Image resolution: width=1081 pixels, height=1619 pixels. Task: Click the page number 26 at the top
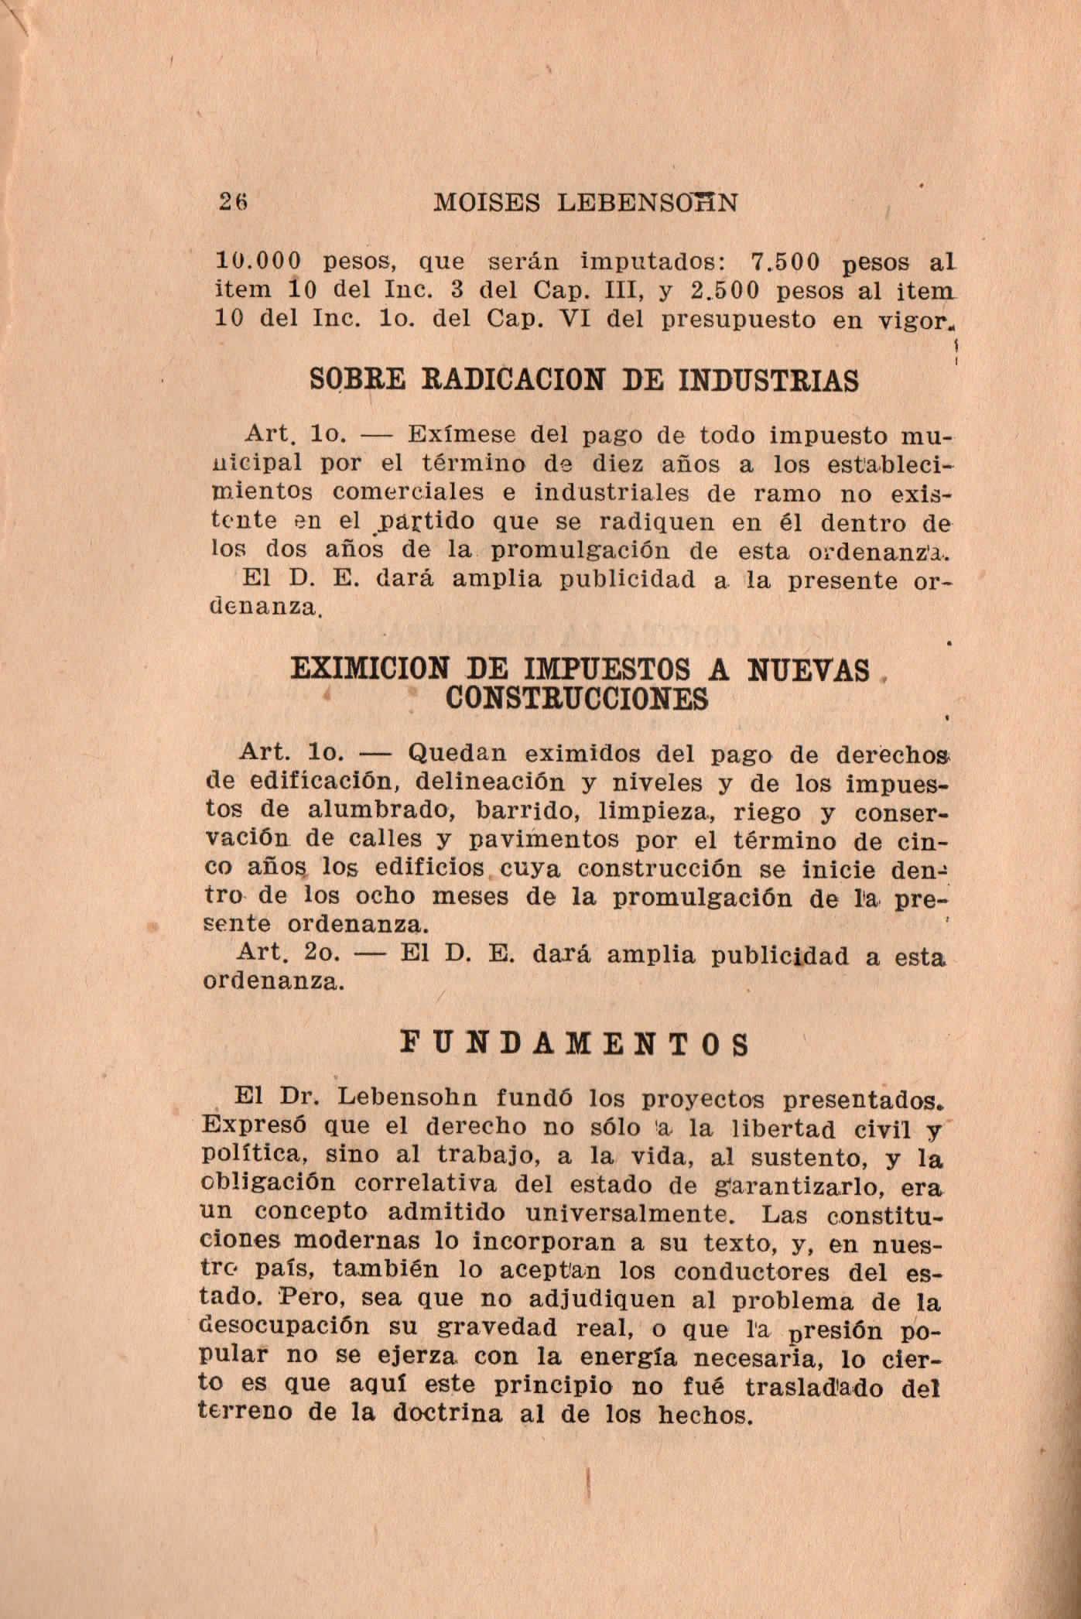tap(231, 202)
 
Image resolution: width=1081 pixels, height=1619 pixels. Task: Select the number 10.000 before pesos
tap(258, 262)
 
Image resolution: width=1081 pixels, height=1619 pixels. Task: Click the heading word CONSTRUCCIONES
tap(577, 699)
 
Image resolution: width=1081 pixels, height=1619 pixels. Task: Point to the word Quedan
tap(457, 752)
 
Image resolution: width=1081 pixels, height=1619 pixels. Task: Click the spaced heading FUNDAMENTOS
tap(577, 1045)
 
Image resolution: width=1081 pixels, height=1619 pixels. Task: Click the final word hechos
tap(704, 1415)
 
